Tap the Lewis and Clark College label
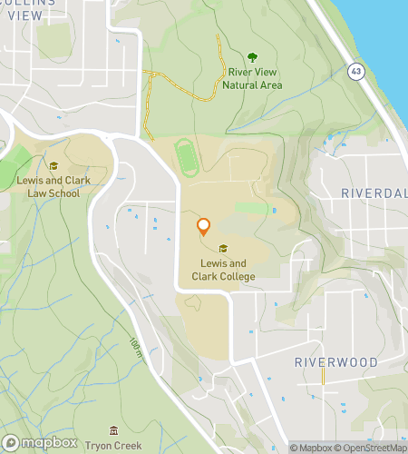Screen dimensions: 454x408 (x=223, y=271)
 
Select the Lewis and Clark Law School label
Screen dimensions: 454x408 (x=53, y=186)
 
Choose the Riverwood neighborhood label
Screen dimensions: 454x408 (x=335, y=362)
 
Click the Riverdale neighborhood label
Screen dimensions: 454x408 (x=374, y=193)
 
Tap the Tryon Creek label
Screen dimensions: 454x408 (x=112, y=447)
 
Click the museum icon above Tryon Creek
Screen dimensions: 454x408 (x=112, y=430)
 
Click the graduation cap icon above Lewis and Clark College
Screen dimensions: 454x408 (x=223, y=249)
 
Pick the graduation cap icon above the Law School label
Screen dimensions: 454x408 (x=53, y=165)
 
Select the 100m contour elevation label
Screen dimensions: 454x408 (x=135, y=345)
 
